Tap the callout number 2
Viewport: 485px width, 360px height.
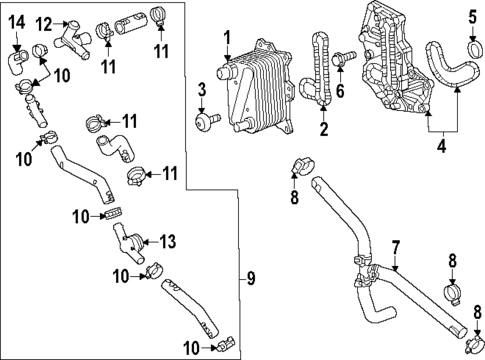tap(323, 129)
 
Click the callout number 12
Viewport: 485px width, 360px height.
tap(43, 22)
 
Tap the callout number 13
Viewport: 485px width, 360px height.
tap(167, 240)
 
